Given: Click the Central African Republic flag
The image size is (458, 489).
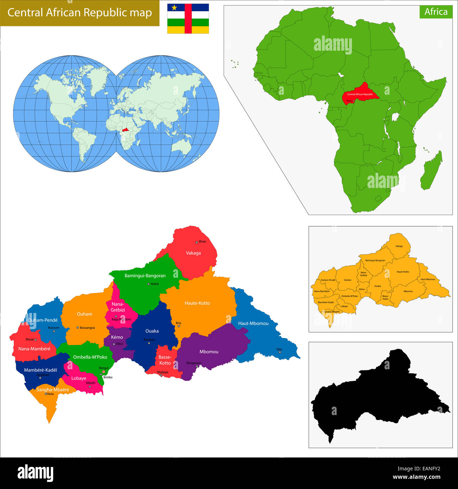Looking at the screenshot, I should coord(188,19).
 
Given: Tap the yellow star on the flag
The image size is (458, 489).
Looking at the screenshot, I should coord(174,7).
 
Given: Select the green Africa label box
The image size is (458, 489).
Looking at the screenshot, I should coord(436,12).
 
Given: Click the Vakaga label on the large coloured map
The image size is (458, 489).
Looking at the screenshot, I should coord(193,253).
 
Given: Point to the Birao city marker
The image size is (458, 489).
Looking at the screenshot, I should coord(197,242).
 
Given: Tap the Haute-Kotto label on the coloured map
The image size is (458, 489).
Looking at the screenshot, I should coord(197,303).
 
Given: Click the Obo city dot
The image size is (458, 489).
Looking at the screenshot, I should coord(280,352).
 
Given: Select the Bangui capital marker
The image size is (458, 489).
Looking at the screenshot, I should coord(104,372).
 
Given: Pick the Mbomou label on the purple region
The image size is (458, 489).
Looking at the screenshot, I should coord(209,352).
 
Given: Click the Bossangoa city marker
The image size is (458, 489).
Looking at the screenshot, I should coord(78,328).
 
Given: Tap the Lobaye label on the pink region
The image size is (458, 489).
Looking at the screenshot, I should coord(79,378).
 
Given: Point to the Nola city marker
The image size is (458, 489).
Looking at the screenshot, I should coord(46,394).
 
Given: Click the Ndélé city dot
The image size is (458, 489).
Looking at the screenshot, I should coord(148,284).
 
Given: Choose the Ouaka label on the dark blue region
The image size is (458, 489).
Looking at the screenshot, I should coord(152,331).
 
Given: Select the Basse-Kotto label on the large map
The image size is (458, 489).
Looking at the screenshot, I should coord(165,360).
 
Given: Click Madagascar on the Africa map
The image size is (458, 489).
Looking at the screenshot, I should coord(432,171).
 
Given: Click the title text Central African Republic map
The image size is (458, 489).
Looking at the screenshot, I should coord(80,13).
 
